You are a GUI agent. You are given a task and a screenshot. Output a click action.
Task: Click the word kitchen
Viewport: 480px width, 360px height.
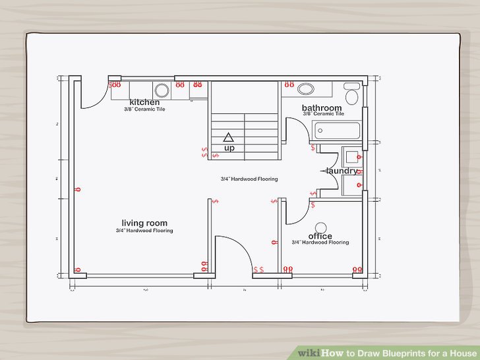tap(144, 102)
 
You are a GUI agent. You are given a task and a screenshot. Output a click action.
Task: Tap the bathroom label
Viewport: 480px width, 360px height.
tap(322, 107)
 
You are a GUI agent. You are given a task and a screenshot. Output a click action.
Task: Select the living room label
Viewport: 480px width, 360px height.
tap(144, 223)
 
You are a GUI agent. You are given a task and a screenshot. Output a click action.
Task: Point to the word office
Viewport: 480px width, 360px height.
tap(320, 236)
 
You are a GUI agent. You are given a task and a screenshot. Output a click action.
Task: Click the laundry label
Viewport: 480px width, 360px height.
tap(342, 171)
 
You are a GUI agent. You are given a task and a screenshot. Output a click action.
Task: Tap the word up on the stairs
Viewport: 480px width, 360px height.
tap(229, 148)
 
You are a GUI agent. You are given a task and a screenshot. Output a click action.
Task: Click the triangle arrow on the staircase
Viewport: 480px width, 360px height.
tap(229, 137)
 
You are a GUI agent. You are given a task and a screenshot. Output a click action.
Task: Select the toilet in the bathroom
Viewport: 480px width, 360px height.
tap(352, 96)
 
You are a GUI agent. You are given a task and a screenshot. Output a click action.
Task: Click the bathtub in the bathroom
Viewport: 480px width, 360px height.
tap(336, 131)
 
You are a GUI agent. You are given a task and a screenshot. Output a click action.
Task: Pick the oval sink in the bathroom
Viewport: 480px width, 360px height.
tap(305, 89)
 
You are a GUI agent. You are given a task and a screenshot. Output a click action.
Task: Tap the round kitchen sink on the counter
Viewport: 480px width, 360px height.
tap(161, 90)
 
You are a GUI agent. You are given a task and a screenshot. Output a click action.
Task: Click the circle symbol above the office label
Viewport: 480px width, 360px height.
tap(320, 225)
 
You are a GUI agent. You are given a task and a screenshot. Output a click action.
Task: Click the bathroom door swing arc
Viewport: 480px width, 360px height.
tap(300, 129)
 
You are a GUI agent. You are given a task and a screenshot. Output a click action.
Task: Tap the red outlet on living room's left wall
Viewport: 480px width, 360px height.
tap(78, 190)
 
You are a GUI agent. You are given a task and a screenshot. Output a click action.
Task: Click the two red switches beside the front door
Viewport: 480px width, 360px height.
tap(258, 270)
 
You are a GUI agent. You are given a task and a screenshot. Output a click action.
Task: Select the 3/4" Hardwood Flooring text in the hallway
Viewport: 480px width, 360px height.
tap(249, 179)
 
